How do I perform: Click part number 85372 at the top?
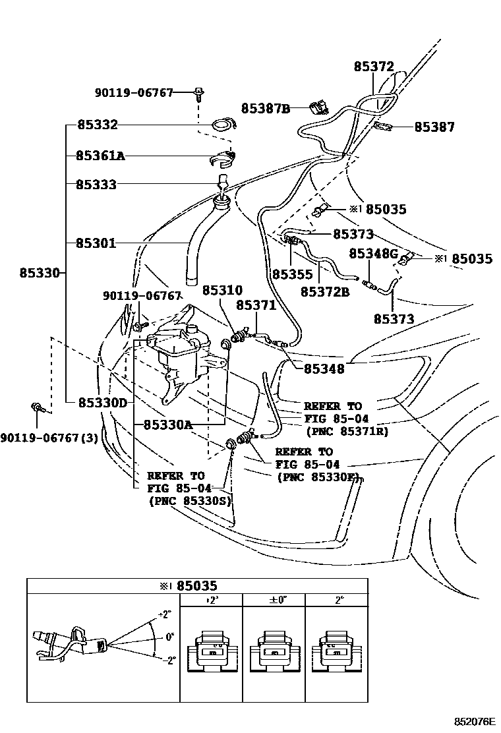click(374, 67)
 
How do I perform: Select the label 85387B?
click(265, 108)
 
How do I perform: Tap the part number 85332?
click(97, 125)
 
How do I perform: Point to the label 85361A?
click(100, 156)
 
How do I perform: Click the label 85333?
click(96, 185)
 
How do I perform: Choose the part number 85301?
click(96, 243)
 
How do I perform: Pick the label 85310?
click(222, 290)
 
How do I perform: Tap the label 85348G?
click(373, 254)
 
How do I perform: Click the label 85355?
click(290, 272)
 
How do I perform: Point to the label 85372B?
click(325, 291)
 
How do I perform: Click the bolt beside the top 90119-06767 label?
click(198, 93)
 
